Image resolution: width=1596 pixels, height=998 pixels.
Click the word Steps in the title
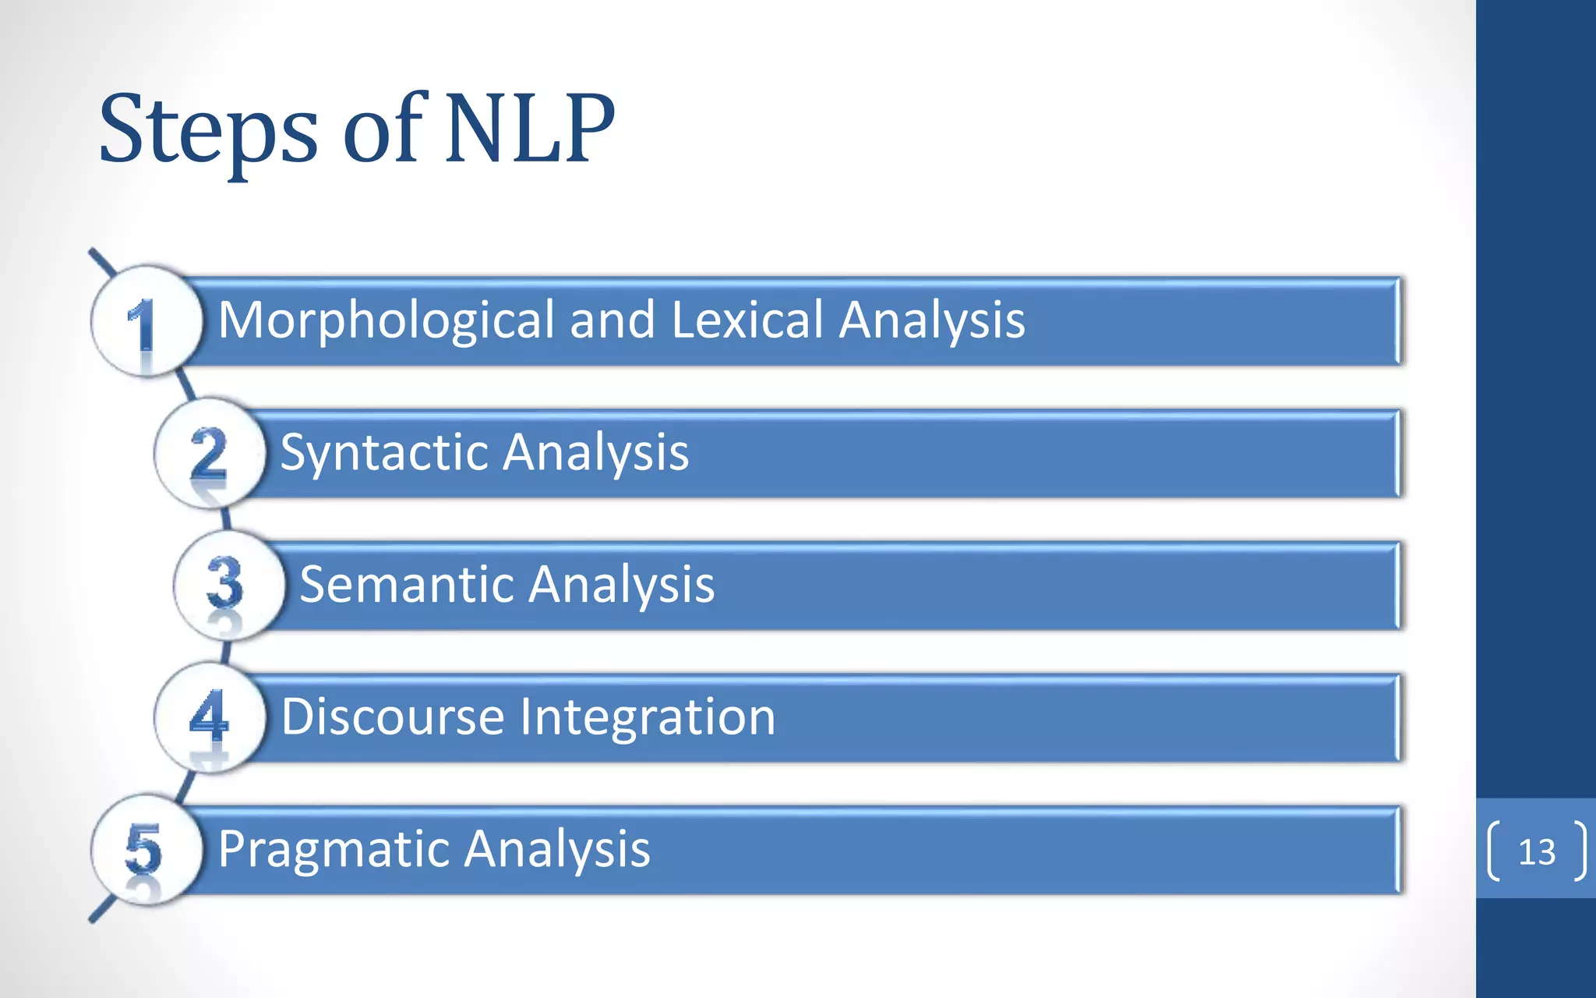208,131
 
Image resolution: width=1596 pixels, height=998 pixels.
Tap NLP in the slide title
530,129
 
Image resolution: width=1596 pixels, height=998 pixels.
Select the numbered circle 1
146,321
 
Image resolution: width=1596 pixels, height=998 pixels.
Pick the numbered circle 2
209,453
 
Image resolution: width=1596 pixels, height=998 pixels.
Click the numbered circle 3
227,585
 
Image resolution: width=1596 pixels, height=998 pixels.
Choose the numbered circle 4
209,717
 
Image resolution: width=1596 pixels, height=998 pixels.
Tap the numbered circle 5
146,848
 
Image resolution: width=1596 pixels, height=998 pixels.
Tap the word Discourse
393,717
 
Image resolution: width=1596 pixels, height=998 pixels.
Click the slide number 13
1537,851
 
